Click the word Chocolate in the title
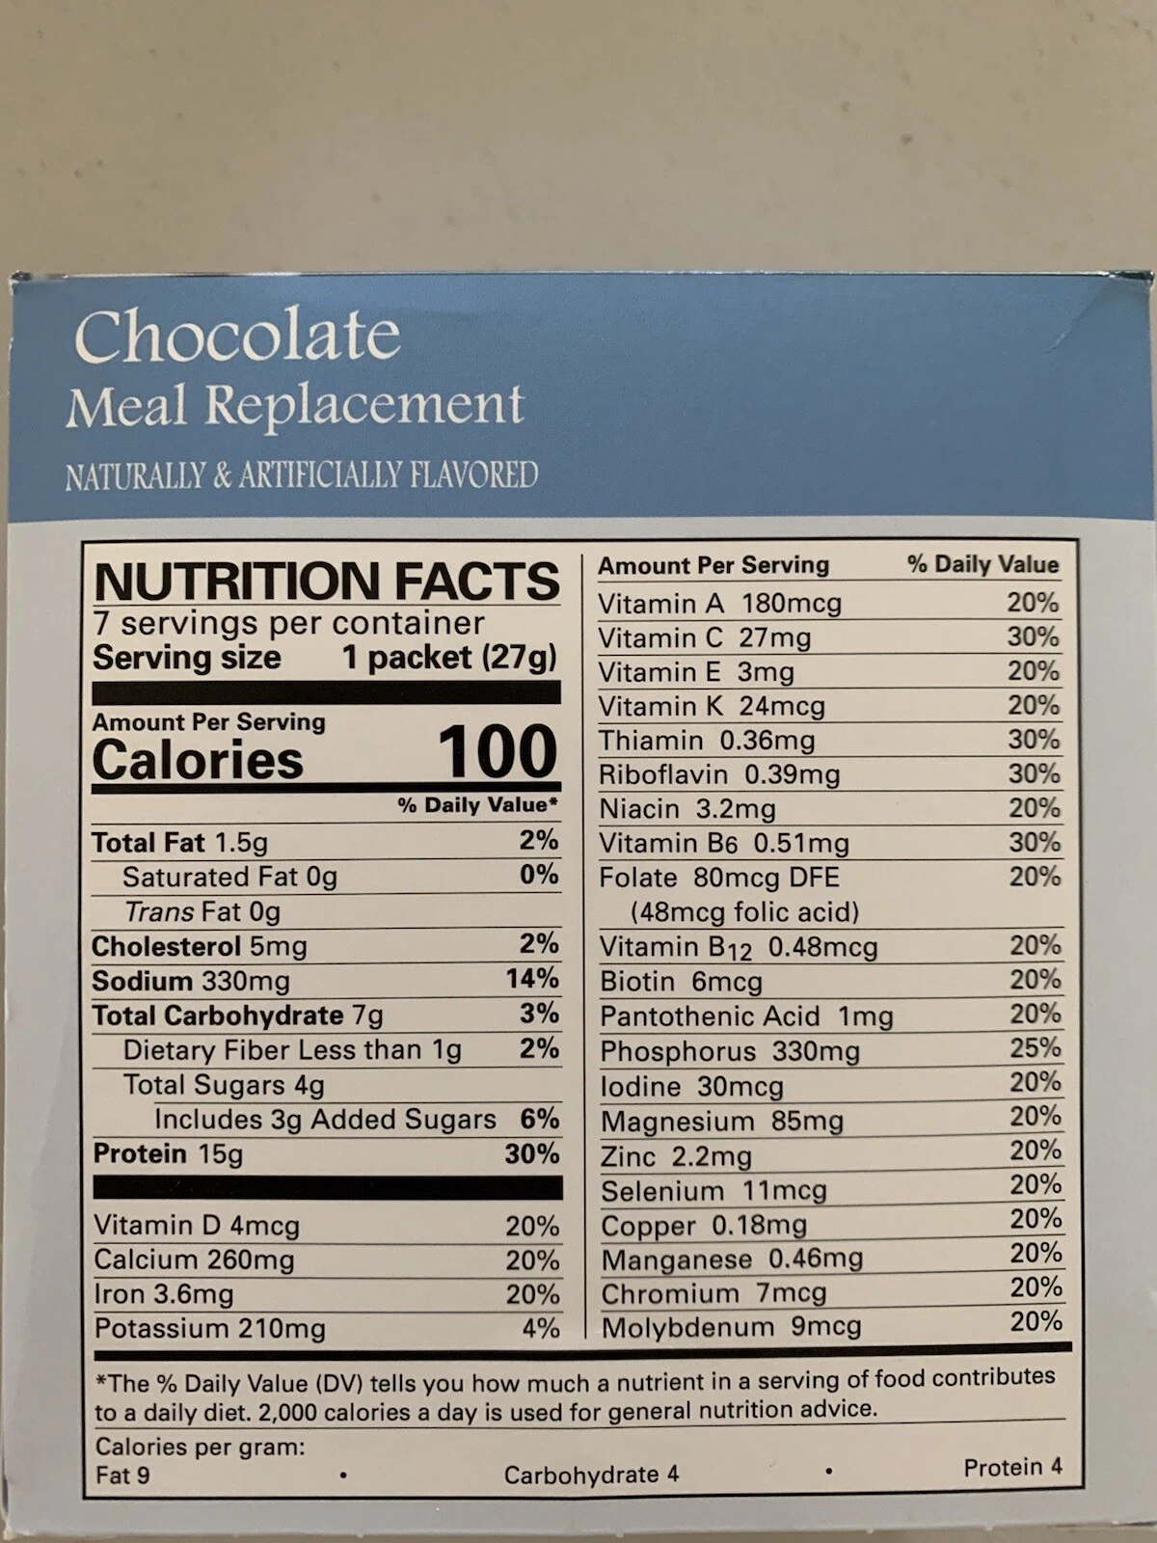pyautogui.click(x=236, y=336)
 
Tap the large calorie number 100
pyautogui.click(x=498, y=752)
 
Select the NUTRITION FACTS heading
pyautogui.click(x=327, y=581)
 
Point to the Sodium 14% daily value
pyautogui.click(x=532, y=979)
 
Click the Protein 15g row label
pyautogui.click(x=168, y=1154)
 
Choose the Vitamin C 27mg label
pyautogui.click(x=704, y=638)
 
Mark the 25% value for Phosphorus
pyautogui.click(x=1036, y=1048)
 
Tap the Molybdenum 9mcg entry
pyautogui.click(x=731, y=1327)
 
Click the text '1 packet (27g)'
pyautogui.click(x=449, y=658)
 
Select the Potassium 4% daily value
pyautogui.click(x=540, y=1328)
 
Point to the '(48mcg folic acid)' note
pyautogui.click(x=744, y=911)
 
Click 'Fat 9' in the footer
pyautogui.click(x=122, y=1475)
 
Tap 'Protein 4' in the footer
pyautogui.click(x=1012, y=1467)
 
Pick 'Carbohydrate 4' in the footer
pyautogui.click(x=591, y=1475)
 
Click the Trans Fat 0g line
pyautogui.click(x=202, y=911)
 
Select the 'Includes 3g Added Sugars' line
pyautogui.click(x=325, y=1119)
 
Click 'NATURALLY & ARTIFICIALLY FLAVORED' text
pyautogui.click(x=301, y=475)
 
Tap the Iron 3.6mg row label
pyautogui.click(x=164, y=1294)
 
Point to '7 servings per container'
pyautogui.click(x=288, y=623)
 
